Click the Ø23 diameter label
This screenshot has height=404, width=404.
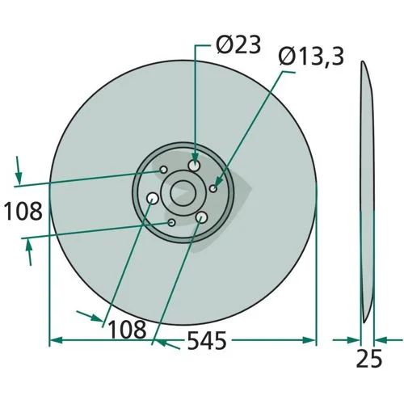238,44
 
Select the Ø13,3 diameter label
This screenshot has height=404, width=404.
311,57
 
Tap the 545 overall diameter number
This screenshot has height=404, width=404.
207,341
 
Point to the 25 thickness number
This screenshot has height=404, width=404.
369,359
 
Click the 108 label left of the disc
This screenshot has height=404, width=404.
23,212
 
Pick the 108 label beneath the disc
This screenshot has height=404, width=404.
127,330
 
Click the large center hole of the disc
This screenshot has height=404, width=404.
183,193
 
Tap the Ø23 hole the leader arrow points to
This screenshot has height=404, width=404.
194,165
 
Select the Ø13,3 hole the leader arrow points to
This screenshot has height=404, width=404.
213,188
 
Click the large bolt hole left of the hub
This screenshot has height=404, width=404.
152,199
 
